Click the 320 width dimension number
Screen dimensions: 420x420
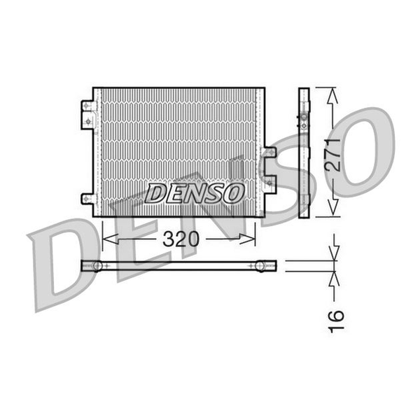181,239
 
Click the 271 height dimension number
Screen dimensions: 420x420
332,155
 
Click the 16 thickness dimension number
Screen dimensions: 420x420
336,321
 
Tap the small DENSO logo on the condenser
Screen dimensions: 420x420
195,193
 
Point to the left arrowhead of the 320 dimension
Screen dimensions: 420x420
111,239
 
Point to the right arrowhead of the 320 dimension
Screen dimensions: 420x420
248,239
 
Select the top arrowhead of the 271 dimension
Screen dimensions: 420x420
332,96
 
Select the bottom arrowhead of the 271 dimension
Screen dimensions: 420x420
332,207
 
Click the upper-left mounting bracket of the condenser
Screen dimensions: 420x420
88,115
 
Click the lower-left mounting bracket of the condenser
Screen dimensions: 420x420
89,199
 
